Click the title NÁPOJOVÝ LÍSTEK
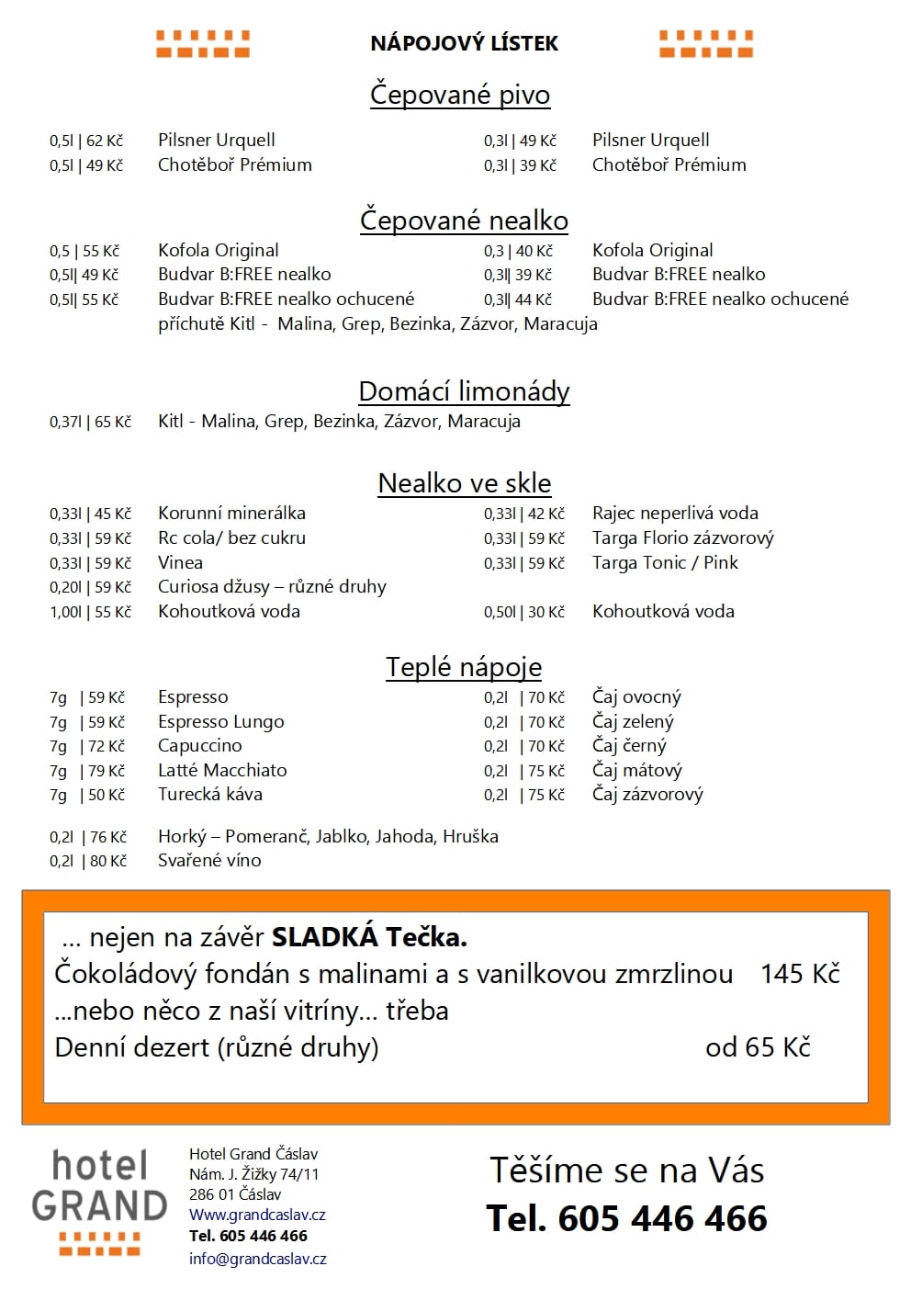pos(464,43)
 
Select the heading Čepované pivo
pos(460,95)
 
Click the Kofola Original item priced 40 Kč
pos(652,250)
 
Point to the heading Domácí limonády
pos(464,391)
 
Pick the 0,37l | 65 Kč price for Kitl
pos(90,422)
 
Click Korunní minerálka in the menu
pos(231,513)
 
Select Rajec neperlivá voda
pos(675,513)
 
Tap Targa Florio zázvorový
pos(682,537)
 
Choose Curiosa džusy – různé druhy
pos(272,586)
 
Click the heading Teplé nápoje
pos(464,667)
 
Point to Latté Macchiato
pos(222,770)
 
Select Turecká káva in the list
pos(210,794)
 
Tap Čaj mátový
pos(636,770)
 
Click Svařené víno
pos(209,860)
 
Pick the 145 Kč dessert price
pos(800,974)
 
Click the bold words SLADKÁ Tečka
pos(369,937)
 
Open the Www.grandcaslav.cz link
pos(257,1215)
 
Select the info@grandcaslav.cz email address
pos(257,1259)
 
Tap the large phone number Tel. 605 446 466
pos(626,1218)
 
